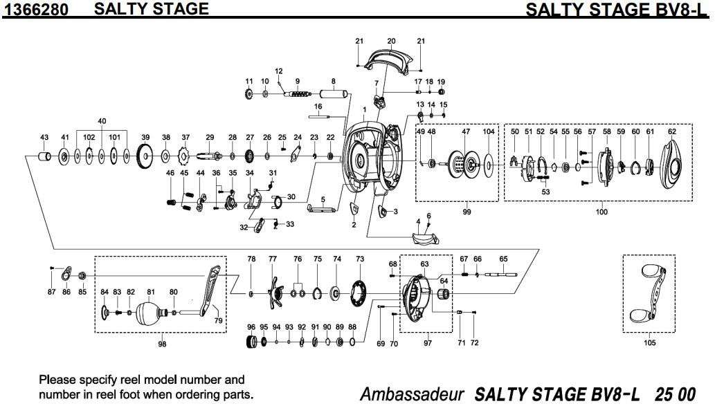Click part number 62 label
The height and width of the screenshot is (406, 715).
pos(671,131)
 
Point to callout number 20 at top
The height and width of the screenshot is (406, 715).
pos(391,41)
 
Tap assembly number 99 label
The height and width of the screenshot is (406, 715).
pos(467,212)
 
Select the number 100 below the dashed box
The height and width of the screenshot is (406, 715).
pos(601,212)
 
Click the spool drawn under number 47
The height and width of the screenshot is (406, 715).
pos(466,163)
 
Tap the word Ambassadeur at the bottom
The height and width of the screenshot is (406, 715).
pos(411,393)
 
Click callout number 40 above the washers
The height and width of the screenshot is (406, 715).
pos(102,121)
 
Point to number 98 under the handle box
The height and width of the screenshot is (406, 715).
pos(162,344)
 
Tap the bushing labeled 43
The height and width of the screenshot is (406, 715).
pos(44,158)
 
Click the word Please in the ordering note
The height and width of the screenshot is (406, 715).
pos(57,380)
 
